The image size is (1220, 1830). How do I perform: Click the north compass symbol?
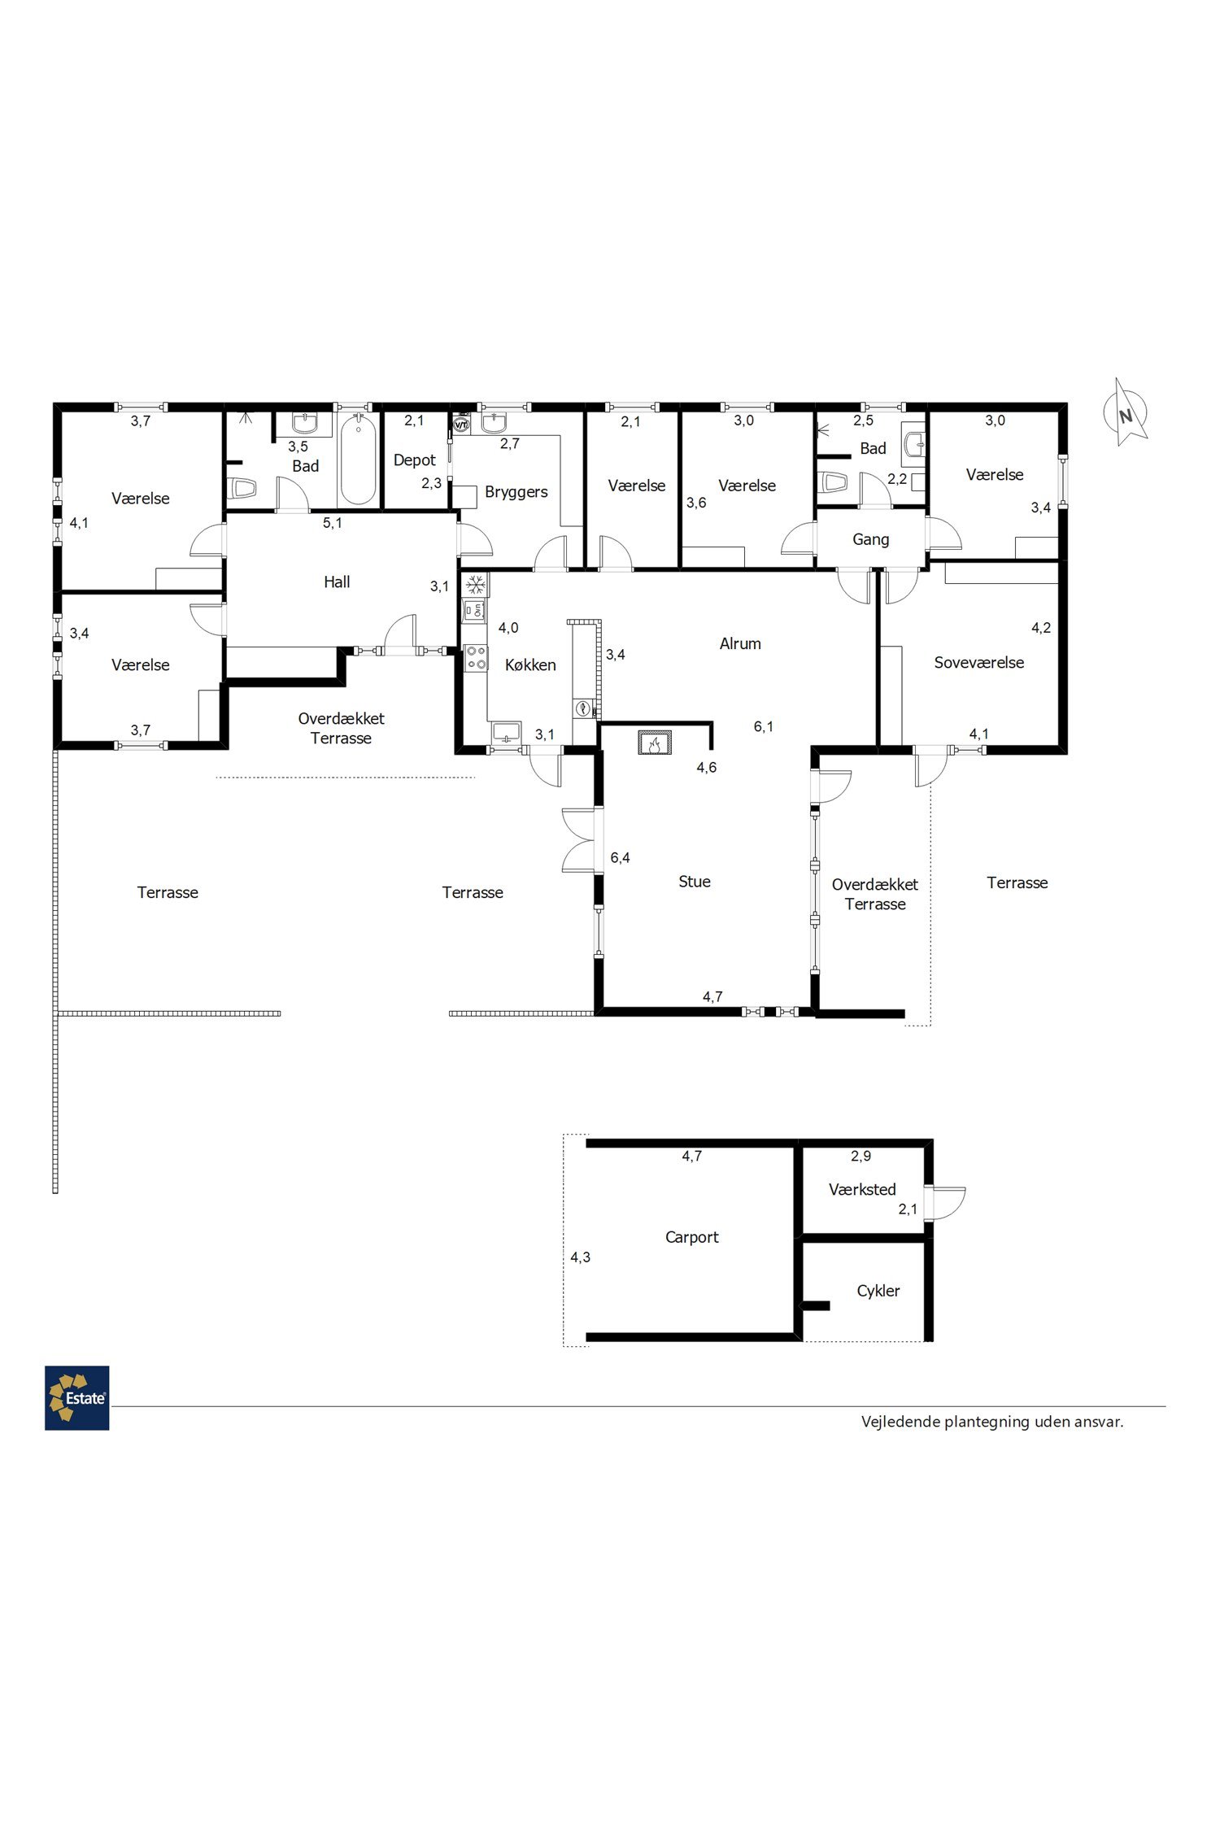[1126, 413]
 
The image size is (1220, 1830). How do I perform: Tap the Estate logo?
[77, 1397]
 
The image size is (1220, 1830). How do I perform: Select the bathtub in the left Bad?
[358, 460]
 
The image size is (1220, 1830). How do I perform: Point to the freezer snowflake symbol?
[475, 584]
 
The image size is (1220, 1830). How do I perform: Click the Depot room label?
[415, 460]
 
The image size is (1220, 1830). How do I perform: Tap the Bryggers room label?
[516, 492]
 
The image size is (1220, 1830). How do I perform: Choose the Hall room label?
[337, 582]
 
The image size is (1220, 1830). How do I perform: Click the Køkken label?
[530, 665]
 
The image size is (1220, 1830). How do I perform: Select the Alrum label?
[740, 643]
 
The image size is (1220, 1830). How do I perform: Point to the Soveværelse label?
[979, 662]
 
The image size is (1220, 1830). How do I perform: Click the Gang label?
[870, 539]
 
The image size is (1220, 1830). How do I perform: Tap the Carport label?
[692, 1237]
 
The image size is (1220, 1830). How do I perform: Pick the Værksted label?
[862, 1189]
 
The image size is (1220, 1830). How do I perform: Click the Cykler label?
[878, 1291]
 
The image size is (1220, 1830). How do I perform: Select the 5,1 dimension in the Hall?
[333, 523]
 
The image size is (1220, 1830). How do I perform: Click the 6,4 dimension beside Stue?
[621, 857]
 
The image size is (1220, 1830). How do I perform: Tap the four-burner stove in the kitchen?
[476, 657]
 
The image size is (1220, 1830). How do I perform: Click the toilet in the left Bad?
[243, 488]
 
